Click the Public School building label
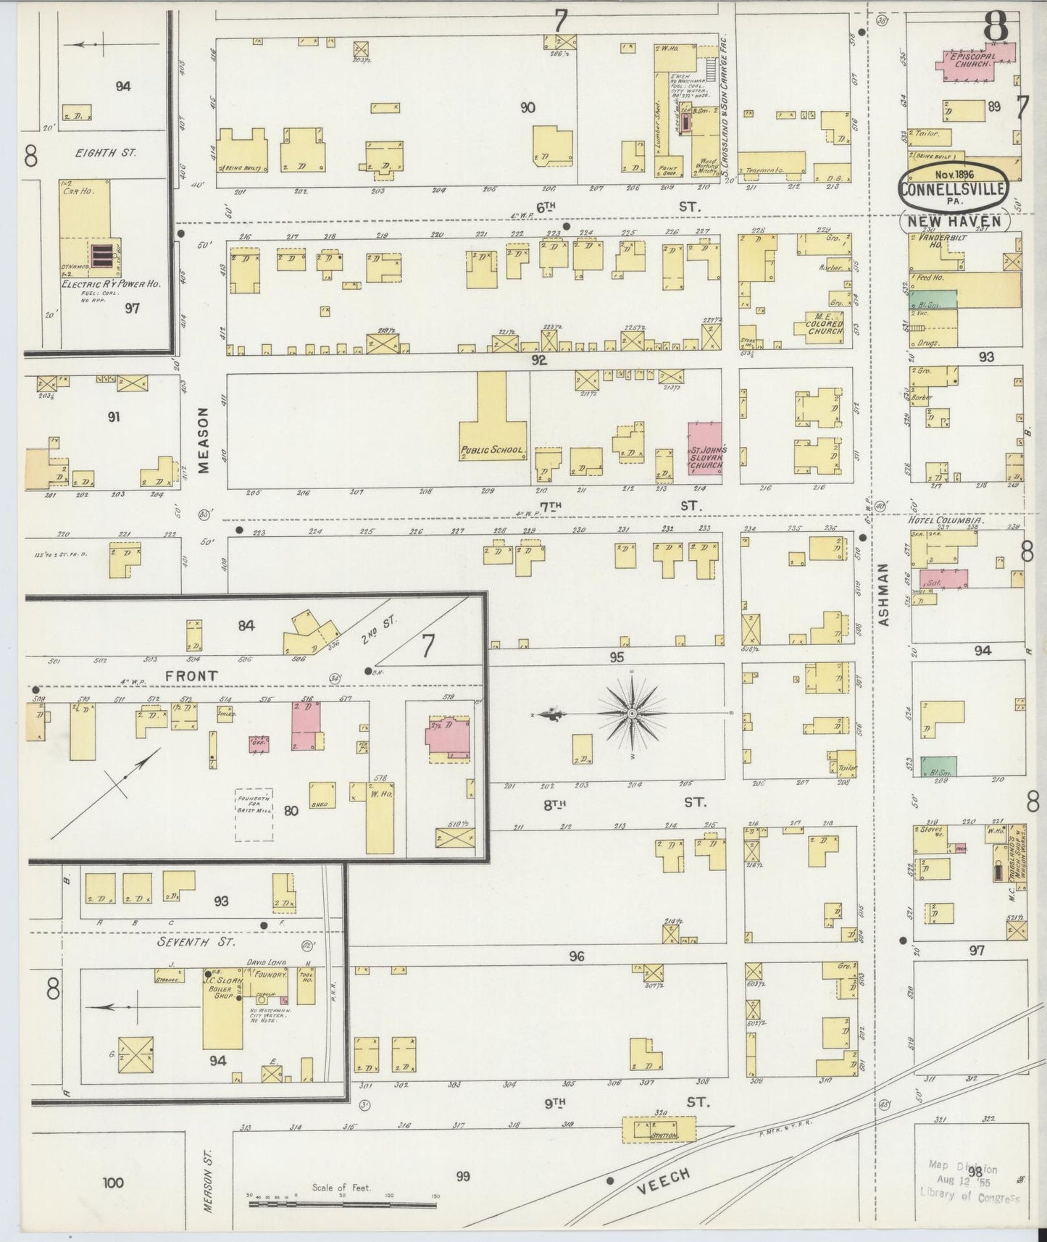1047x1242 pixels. pos(493,450)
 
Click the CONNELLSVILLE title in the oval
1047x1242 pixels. pos(952,190)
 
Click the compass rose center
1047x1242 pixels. pos(633,714)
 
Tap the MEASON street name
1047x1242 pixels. pos(204,440)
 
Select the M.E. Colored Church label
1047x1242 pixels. pos(825,323)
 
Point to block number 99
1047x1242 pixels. pos(462,1176)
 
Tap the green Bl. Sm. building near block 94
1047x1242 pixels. pos(938,766)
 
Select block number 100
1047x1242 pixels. pos(112,1183)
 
